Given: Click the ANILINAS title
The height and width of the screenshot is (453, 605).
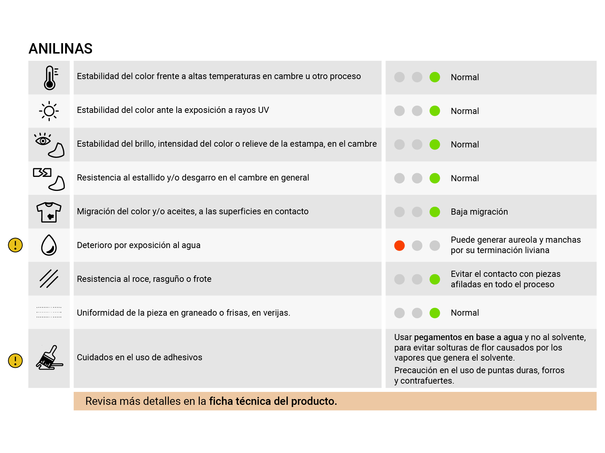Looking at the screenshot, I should (x=60, y=49).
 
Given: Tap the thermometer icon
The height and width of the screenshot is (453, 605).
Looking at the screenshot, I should (x=50, y=78).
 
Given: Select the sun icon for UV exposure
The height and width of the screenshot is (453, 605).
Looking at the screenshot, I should (x=49, y=111).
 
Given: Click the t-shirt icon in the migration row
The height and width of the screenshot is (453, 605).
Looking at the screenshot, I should (x=49, y=212).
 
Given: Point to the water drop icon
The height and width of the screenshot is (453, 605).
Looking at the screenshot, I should (x=49, y=245).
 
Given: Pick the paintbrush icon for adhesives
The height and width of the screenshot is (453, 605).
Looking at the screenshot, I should (x=49, y=358).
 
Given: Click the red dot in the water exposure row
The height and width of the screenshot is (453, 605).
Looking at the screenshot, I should (x=399, y=246).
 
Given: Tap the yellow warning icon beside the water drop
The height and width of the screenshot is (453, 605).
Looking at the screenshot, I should (x=15, y=245).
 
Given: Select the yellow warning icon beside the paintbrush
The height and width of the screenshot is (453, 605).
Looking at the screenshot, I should (x=15, y=361).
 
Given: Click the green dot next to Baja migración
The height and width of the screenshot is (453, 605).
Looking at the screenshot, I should (x=434, y=212).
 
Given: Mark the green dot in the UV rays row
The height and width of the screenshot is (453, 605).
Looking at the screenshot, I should (x=434, y=111).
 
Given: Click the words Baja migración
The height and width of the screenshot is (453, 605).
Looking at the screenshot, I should (x=479, y=212).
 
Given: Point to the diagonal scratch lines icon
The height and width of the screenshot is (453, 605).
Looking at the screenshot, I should (x=49, y=279).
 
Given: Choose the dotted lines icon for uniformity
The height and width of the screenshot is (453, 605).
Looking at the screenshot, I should (x=49, y=312).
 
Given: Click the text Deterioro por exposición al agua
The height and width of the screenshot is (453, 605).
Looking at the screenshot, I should (x=139, y=245).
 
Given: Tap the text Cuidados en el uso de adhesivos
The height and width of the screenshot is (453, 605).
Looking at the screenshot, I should (x=140, y=357).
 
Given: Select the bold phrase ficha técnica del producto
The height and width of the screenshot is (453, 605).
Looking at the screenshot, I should (x=273, y=401).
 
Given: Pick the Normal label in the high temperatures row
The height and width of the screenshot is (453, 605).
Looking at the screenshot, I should (x=465, y=77).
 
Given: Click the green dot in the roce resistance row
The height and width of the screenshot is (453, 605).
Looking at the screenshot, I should (x=434, y=279).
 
